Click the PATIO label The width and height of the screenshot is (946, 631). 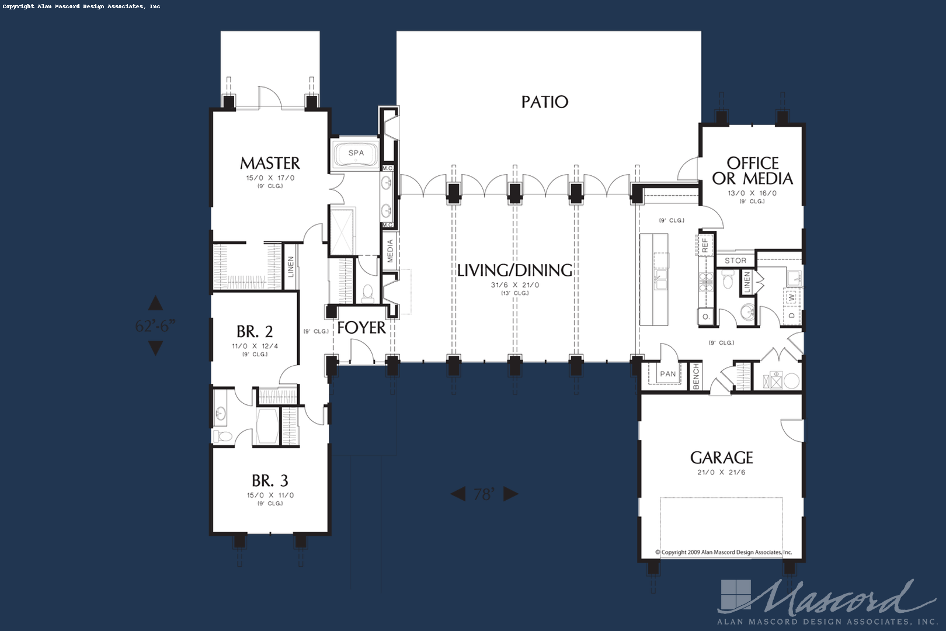tap(544, 102)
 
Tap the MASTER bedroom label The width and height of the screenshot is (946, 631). tap(270, 163)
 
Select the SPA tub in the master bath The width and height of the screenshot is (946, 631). tap(356, 154)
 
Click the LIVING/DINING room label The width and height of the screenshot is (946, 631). tap(514, 271)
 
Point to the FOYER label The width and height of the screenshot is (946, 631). tap(361, 328)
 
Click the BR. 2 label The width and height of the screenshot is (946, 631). tap(255, 332)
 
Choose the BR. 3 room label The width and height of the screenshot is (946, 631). tap(270, 481)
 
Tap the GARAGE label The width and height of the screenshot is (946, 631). tap(721, 457)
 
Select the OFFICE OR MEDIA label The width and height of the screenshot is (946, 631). tap(752, 171)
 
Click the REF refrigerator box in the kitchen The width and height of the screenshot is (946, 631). tap(705, 245)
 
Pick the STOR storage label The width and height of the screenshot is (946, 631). tap(735, 261)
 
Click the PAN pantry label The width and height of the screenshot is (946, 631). tap(667, 374)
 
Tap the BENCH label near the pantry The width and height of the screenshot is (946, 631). tap(695, 377)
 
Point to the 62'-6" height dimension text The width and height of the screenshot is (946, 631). tap(155, 325)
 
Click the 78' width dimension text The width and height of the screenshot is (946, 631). tap(484, 495)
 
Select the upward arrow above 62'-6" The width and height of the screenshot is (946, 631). tap(155, 303)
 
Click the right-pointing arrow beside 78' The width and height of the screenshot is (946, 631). tap(510, 494)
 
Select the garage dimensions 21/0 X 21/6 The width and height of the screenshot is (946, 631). tap(721, 472)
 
